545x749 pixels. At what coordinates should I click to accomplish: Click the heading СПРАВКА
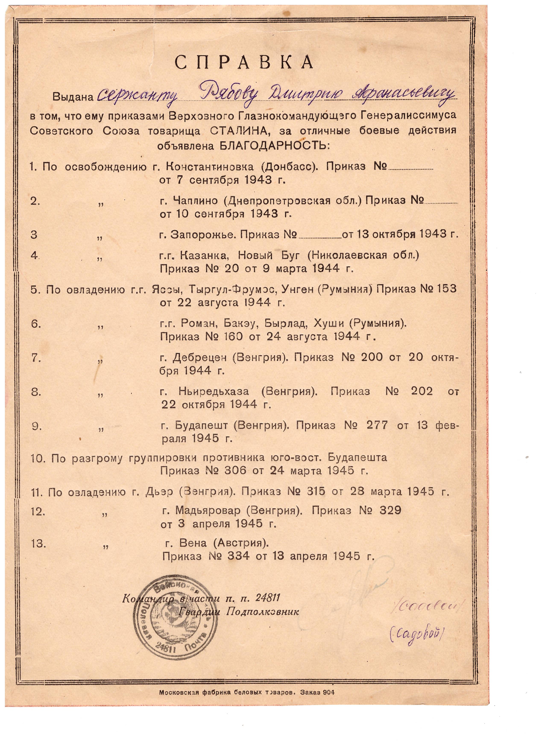pyautogui.click(x=244, y=62)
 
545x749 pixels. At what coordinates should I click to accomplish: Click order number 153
pyautogui.click(x=446, y=289)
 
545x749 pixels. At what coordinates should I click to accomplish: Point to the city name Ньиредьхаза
pyautogui.click(x=214, y=391)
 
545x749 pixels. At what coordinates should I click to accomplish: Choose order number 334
pyautogui.click(x=238, y=557)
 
